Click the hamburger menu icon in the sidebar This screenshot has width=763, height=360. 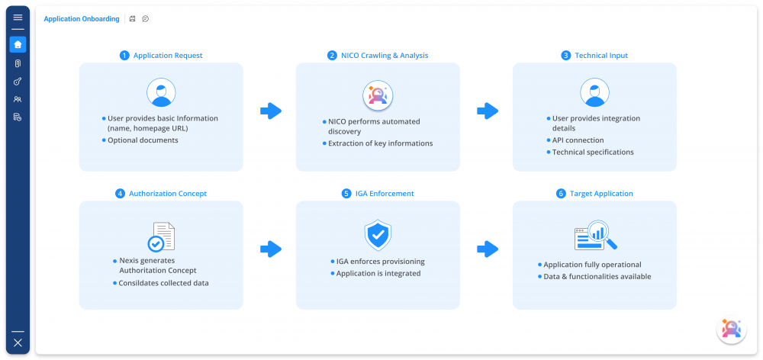coord(18,17)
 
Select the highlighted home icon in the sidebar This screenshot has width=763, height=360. coord(18,44)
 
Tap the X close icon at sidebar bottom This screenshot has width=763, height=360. coord(18,342)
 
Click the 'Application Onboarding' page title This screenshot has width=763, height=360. coord(82,19)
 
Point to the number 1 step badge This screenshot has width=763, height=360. coord(124,56)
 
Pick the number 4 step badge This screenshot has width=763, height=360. coord(120,194)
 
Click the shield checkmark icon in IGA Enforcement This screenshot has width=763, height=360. coord(378,236)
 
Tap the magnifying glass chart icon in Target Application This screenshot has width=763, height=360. coord(595,236)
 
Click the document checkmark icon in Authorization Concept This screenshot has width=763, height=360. coord(161,236)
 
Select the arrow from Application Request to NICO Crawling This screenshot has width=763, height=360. coord(270,111)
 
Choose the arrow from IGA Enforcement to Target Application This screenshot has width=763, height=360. coord(487,249)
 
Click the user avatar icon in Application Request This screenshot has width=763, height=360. coord(161,93)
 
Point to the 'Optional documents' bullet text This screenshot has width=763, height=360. coord(143,140)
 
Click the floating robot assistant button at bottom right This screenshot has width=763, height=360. coord(730,329)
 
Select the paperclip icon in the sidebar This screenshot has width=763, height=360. coord(18,63)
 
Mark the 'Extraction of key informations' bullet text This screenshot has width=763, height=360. coord(380,143)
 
